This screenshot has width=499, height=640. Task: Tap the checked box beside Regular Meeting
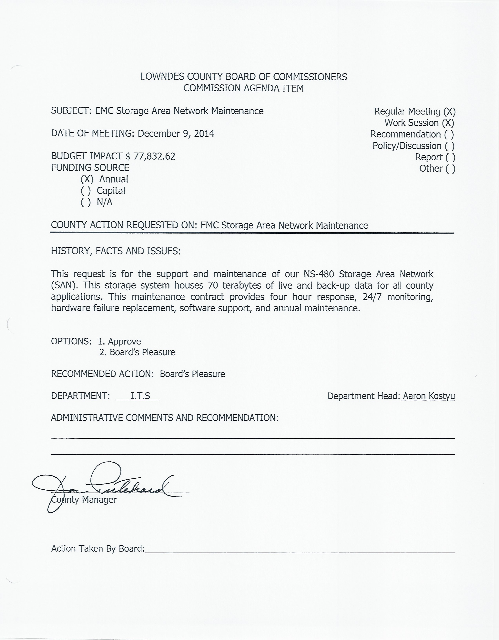pos(449,111)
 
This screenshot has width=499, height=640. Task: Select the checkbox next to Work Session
pos(448,123)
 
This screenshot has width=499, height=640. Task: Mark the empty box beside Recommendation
pos(449,134)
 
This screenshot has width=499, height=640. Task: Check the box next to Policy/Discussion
pos(449,146)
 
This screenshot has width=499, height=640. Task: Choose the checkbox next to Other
pos(450,168)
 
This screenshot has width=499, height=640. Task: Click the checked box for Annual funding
pos(87,179)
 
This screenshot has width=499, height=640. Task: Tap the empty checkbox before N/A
pos(86,202)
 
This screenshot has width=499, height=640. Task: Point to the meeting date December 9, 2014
pos(176,134)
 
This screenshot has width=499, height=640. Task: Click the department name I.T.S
pos(140,396)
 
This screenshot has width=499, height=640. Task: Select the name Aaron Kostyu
pos(429,396)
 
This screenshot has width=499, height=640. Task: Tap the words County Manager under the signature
pos(84,499)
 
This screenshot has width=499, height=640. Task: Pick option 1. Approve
pos(119,341)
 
